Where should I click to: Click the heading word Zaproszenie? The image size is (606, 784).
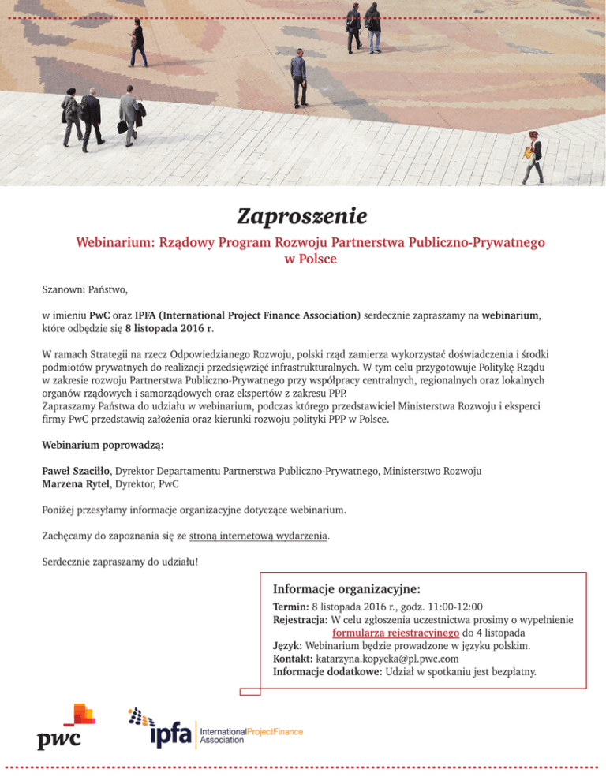pyautogui.click(x=303, y=215)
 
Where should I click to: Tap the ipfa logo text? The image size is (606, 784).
pyautogui.click(x=170, y=734)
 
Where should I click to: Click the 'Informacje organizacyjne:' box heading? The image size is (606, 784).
pyautogui.click(x=346, y=589)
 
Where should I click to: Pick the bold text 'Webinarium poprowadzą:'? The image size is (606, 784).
pyautogui.click(x=103, y=445)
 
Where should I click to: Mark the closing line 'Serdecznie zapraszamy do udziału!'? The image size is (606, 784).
pyautogui.click(x=120, y=562)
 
